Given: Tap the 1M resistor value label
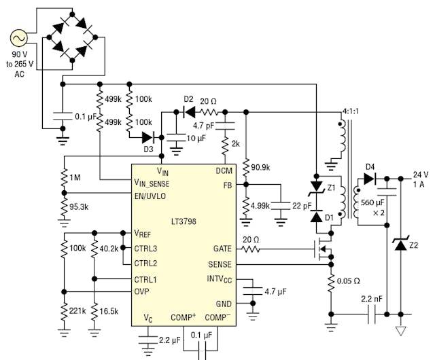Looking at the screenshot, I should tap(75, 178).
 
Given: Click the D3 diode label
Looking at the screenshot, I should tap(148, 149).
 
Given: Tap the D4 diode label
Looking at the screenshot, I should tap(370, 166).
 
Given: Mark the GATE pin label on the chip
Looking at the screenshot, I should tap(222, 249).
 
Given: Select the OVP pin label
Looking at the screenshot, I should tap(142, 293).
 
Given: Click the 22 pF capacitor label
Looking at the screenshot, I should tap(302, 206).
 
